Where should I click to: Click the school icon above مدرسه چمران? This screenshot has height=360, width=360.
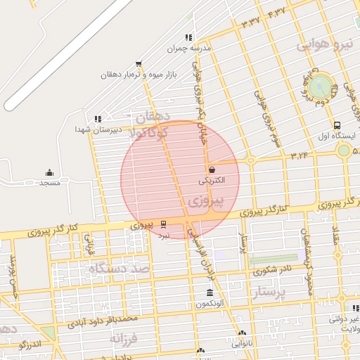(188, 38)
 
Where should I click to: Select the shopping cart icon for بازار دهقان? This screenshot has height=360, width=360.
(139, 64)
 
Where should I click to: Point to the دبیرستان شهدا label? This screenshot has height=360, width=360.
(98, 129)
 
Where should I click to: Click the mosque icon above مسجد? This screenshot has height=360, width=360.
(49, 173)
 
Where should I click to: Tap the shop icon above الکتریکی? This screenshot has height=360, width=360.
(212, 169)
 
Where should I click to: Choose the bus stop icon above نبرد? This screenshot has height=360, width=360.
(164, 224)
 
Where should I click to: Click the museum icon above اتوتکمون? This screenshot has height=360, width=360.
(210, 292)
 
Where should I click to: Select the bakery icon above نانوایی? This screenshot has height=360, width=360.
(242, 334)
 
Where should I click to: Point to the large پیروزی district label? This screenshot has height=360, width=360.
(207, 202)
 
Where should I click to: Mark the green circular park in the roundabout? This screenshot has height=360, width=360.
(321, 87)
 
